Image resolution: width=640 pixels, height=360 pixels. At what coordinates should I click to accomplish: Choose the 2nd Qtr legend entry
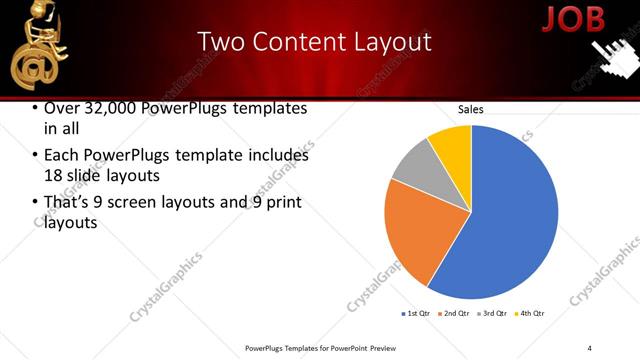click(x=454, y=314)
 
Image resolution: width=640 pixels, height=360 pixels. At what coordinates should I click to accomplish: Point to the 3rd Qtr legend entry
click(x=492, y=314)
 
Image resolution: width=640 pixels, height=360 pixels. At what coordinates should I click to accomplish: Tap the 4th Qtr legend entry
click(x=529, y=314)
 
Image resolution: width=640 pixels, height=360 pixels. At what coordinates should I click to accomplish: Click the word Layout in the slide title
click(x=391, y=42)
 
